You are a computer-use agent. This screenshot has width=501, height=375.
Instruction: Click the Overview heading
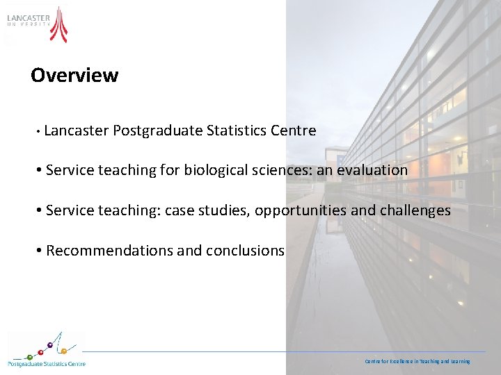click(x=74, y=75)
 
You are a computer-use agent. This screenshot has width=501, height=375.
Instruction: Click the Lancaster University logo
click(x=38, y=24)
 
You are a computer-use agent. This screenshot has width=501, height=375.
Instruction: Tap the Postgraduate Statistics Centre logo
click(x=46, y=349)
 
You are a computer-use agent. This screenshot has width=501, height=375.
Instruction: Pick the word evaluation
click(x=372, y=170)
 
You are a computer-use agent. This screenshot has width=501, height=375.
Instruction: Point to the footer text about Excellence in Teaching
click(x=417, y=361)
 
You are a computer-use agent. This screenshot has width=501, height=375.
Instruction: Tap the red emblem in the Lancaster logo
click(x=60, y=24)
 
